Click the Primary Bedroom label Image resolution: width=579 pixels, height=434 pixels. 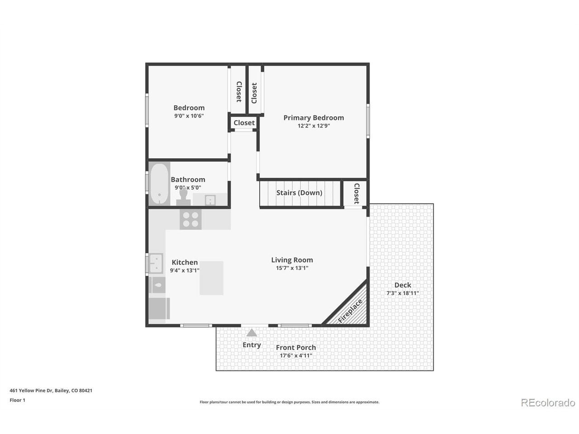[x=313, y=118]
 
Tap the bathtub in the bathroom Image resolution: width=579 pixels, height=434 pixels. [x=159, y=184]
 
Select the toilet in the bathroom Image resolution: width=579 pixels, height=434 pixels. [x=183, y=197]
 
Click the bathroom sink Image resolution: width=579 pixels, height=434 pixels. [x=210, y=200]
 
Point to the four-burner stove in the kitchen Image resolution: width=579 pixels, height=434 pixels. [x=190, y=219]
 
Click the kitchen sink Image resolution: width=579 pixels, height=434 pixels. [x=156, y=263]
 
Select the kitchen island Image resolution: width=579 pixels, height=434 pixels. [x=211, y=278]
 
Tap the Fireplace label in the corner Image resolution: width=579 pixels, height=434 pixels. [x=350, y=311]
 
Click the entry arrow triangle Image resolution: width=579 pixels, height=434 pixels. [x=252, y=333]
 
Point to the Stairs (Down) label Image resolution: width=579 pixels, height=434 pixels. [x=299, y=193]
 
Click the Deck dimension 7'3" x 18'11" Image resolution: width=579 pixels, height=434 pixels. [x=403, y=293]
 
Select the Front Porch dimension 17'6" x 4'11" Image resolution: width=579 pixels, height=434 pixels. [x=296, y=355]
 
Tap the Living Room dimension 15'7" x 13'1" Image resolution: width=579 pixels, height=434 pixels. [x=292, y=268]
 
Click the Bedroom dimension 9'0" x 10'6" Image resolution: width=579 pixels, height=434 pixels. [x=189, y=115]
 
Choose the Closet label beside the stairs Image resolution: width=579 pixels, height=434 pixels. [x=356, y=193]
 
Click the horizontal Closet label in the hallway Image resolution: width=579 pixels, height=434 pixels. [x=244, y=123]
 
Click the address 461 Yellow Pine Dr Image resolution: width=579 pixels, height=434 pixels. [x=31, y=390]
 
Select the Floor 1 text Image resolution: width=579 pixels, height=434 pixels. [x=17, y=400]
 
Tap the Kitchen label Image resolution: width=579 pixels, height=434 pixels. [x=185, y=262]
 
